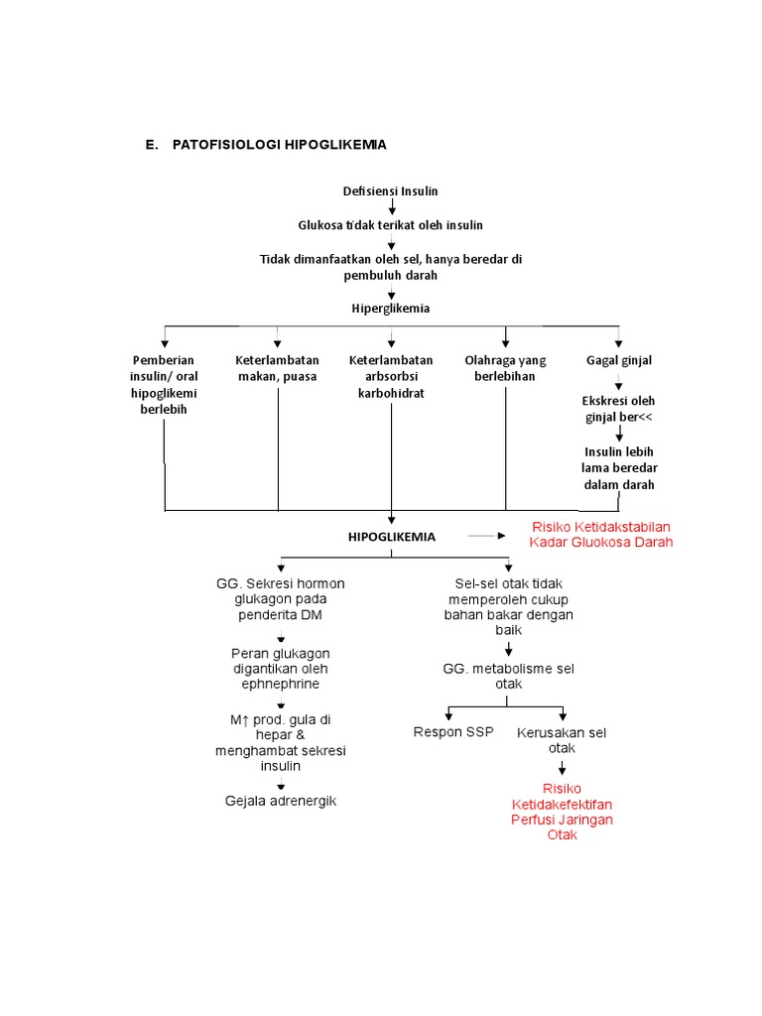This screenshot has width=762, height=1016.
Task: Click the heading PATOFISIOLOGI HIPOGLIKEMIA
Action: [x=279, y=145]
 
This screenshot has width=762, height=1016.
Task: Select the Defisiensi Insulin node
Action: [x=390, y=191]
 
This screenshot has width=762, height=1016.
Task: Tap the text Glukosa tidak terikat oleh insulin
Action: [x=390, y=225]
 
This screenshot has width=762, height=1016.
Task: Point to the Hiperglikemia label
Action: [x=391, y=309]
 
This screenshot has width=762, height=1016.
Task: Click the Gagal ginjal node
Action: [x=619, y=360]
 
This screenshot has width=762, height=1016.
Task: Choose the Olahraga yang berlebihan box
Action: [x=505, y=368]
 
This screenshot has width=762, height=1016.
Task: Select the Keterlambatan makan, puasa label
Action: [x=278, y=368]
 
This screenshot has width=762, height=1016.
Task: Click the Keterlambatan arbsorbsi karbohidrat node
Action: [x=391, y=376]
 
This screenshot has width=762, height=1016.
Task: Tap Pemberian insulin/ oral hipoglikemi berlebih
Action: [x=164, y=384]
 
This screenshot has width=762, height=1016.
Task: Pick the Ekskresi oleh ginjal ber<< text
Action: [x=618, y=409]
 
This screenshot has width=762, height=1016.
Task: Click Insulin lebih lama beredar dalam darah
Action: [x=619, y=468]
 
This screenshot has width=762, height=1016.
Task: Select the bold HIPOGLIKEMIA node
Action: [x=391, y=537]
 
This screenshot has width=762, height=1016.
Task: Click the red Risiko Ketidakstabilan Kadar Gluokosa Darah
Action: [x=601, y=535]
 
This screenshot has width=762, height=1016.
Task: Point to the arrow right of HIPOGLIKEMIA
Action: [x=486, y=536]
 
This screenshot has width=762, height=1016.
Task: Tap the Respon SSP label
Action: [x=453, y=731]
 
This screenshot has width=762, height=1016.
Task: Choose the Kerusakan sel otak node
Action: [x=562, y=740]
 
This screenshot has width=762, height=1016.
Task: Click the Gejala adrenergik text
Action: [x=281, y=801]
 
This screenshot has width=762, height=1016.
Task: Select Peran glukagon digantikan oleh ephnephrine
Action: [x=281, y=668]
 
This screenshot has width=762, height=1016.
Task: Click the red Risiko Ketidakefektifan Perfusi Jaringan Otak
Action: [x=562, y=812]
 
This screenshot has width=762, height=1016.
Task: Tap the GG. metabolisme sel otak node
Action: [x=509, y=676]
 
